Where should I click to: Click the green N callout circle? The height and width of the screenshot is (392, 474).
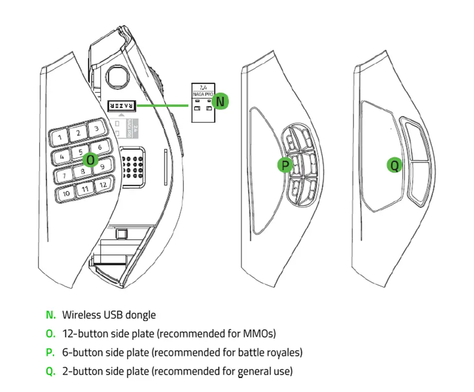point(221,101)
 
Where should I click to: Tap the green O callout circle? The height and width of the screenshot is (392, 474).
point(90,159)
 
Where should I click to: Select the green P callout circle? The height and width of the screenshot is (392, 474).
point(285,166)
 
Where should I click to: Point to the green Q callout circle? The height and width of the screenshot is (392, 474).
point(395,165)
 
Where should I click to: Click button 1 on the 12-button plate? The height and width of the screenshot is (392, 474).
point(59,138)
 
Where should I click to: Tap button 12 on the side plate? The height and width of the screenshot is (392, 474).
point(103,185)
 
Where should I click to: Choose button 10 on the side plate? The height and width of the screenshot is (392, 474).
point(66,193)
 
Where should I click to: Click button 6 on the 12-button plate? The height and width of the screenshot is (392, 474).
point(100,147)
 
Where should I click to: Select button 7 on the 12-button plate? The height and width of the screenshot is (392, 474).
point(64,175)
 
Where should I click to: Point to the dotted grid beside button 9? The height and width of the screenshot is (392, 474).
point(132,165)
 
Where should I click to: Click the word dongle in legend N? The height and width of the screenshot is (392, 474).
point(140,315)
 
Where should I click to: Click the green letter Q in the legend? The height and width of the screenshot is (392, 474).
point(51,372)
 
